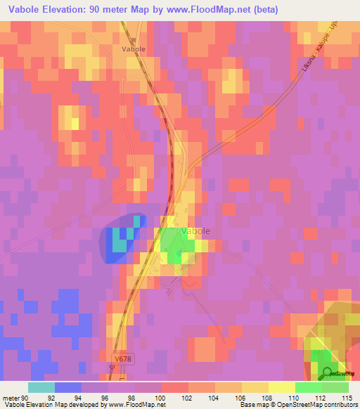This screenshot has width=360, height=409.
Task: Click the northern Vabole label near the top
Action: coord(134,49)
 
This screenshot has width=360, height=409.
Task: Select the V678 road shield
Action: coord(124,359)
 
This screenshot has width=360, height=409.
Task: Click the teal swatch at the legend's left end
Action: coord(41,387)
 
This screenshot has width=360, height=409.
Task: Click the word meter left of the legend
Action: coord(10,397)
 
